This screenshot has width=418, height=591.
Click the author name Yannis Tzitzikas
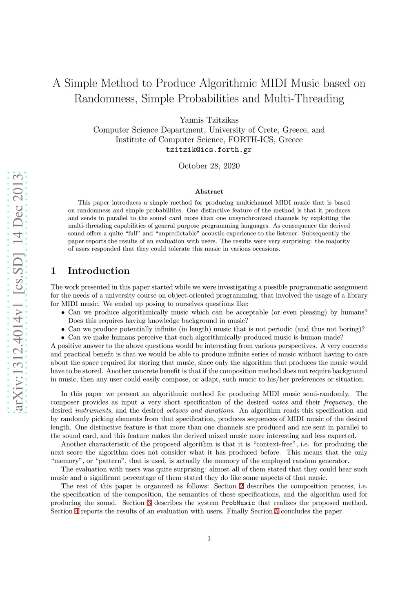click(x=209, y=120)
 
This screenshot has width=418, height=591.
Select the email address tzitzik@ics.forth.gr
click(x=209, y=150)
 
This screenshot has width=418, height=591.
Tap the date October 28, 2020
click(x=209, y=166)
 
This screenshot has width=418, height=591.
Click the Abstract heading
click(x=209, y=192)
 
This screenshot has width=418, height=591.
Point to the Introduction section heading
click(x=98, y=271)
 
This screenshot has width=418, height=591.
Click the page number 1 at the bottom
click(x=209, y=538)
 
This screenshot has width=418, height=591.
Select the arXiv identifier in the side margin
click(x=18, y=292)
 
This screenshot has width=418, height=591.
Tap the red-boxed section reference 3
click(x=149, y=503)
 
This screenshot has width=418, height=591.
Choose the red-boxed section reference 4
click(x=76, y=511)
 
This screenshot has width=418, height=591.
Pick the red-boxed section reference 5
click(x=277, y=511)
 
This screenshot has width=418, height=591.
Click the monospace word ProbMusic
click(x=238, y=503)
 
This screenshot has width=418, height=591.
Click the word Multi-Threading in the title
click(x=304, y=99)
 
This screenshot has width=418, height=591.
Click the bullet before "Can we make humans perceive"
click(x=63, y=338)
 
